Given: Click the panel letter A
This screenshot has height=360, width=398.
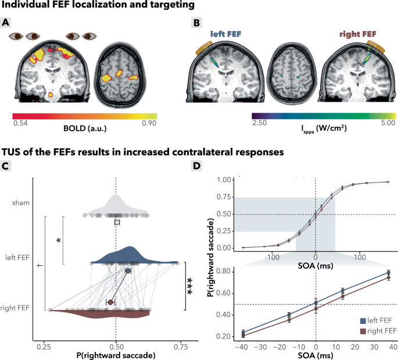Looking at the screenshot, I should pyautogui.click(x=6, y=23).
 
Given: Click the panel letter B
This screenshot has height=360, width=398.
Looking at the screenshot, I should pyautogui.click(x=196, y=23).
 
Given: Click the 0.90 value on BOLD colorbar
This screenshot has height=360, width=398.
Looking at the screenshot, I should pyautogui.click(x=149, y=123).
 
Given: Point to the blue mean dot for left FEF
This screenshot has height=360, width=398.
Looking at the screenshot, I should pyautogui.click(x=128, y=270).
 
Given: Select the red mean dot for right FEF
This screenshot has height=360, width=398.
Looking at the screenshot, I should pyautogui.click(x=110, y=302).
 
